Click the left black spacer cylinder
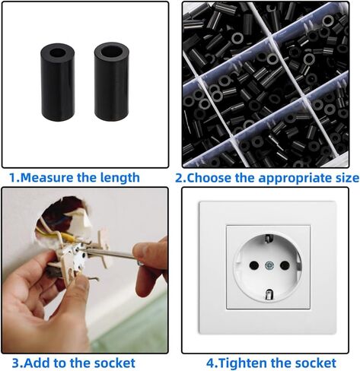[57, 82]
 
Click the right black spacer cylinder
[112, 82]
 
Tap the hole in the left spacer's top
[57, 53]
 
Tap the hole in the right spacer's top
[111, 52]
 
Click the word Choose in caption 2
[209, 178]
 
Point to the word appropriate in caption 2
[292, 179]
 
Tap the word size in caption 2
[344, 178]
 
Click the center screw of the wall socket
[269, 265]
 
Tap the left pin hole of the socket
[254, 265]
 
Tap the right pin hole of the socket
[285, 265]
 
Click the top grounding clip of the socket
[268, 239]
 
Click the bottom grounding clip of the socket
[268, 294]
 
